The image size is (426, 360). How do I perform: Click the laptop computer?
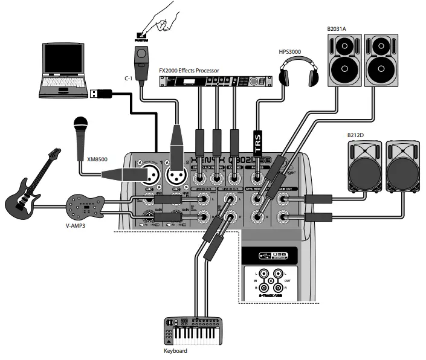[64, 69]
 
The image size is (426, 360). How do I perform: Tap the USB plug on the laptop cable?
[100, 94]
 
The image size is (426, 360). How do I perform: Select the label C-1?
[128, 78]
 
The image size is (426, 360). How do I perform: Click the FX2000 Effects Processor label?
[189, 71]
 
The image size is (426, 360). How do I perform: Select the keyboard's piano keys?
[200, 335]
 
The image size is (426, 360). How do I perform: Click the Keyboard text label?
[175, 350]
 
